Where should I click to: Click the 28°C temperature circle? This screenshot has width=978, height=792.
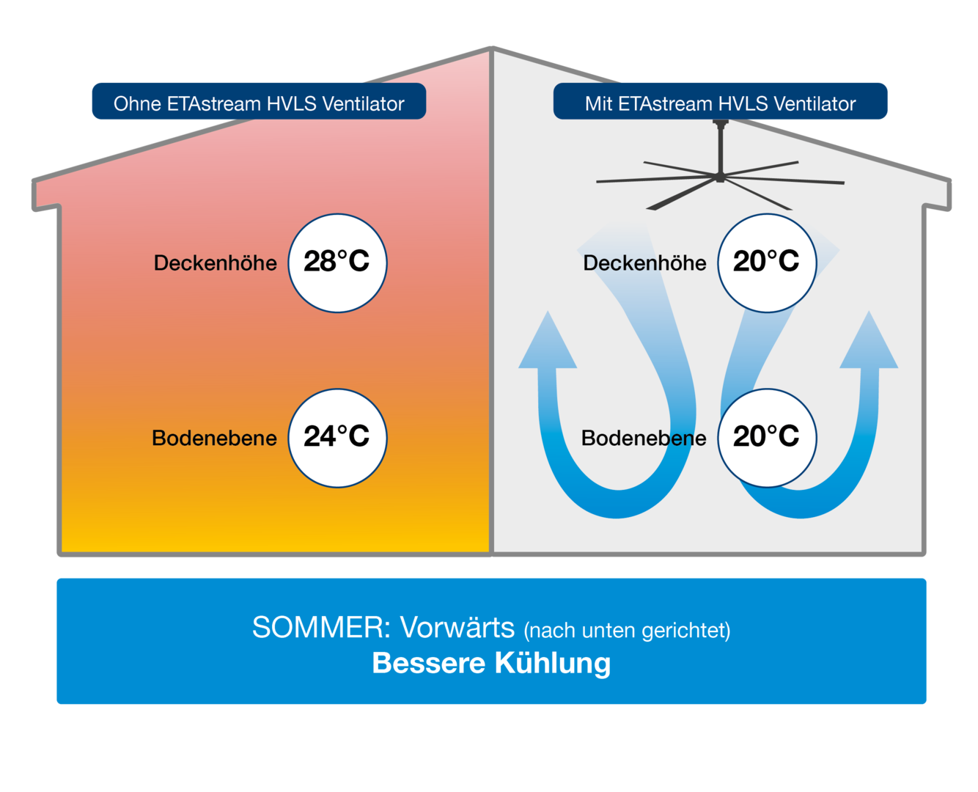(337, 263)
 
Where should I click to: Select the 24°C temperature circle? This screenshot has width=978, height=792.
(337, 438)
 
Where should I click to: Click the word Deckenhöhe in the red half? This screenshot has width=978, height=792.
(215, 263)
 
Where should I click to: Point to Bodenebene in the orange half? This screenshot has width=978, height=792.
(214, 438)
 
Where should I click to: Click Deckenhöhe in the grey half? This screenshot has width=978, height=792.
(644, 263)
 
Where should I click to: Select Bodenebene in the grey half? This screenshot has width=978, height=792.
(643, 438)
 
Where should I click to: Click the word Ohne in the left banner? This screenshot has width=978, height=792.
(137, 103)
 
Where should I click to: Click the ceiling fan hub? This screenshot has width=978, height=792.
(720, 176)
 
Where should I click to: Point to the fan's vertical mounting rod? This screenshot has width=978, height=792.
(720, 146)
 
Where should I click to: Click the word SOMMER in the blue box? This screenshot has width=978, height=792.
(321, 627)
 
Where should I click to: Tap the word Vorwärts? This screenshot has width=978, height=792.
(457, 627)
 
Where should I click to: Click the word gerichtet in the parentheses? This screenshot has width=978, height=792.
(685, 631)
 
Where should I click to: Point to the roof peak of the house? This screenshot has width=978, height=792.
(491, 48)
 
